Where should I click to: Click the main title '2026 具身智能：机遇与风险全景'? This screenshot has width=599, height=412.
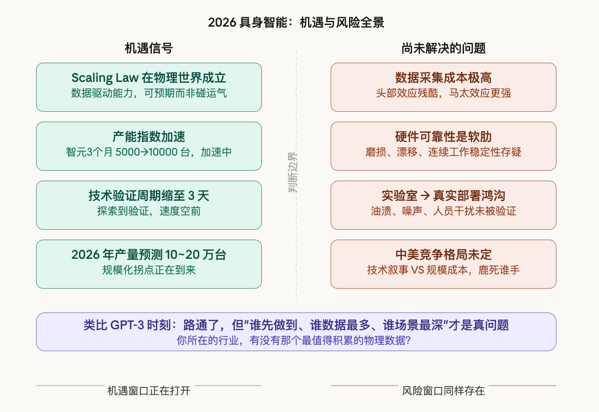[x=296, y=22]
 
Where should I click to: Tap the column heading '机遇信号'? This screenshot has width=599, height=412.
[x=149, y=48]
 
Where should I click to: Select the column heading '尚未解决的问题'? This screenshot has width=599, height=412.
[x=443, y=48]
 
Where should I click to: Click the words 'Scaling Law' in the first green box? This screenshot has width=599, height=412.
[x=105, y=78]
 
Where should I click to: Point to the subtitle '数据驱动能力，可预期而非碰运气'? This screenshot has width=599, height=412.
[x=149, y=93]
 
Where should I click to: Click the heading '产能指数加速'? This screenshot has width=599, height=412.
[x=149, y=137]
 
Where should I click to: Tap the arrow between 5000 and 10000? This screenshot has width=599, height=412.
[x=144, y=152]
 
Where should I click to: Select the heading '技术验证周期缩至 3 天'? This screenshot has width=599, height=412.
[x=149, y=196]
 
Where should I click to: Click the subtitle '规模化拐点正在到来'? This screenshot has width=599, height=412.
[x=149, y=270]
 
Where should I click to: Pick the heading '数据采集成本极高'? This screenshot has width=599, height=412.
[x=443, y=78]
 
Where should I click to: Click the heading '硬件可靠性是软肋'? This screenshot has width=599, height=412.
[x=443, y=137]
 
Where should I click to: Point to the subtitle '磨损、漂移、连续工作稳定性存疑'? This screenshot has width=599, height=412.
[x=443, y=152]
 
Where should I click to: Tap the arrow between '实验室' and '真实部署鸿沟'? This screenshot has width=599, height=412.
[x=426, y=196]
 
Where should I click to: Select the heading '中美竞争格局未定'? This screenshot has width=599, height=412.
[x=443, y=255]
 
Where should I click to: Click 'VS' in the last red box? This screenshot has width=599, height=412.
[x=417, y=270]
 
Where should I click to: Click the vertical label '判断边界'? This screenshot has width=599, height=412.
[x=293, y=172]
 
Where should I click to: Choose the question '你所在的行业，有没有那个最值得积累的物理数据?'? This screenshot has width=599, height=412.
[x=293, y=341]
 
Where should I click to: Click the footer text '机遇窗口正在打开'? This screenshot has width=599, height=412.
[x=149, y=391]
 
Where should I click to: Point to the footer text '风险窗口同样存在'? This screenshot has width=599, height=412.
[x=443, y=391]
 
